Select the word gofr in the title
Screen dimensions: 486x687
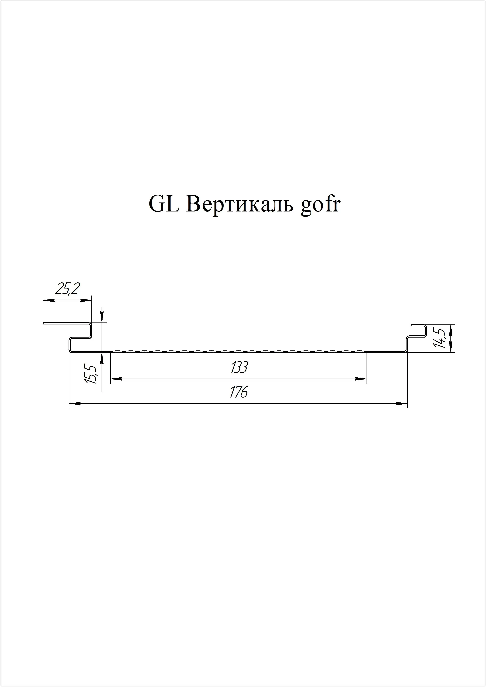pos(320,207)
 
